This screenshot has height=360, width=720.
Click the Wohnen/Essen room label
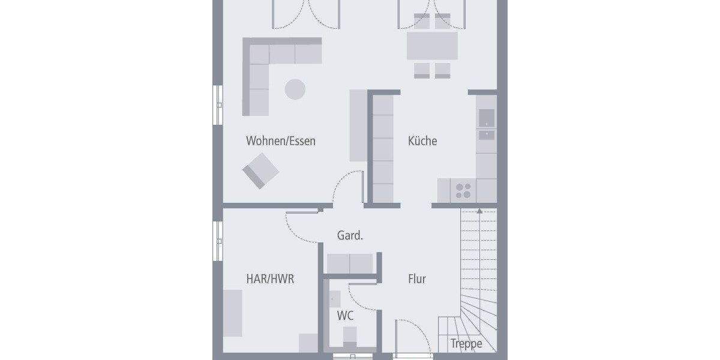click(280, 142)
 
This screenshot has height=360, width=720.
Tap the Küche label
click(422, 142)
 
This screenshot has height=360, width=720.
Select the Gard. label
click(350, 236)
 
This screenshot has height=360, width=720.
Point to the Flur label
click(417, 279)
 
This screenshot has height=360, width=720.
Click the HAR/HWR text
click(270, 279)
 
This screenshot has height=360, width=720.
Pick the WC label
click(344, 316)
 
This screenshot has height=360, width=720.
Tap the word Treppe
click(466, 344)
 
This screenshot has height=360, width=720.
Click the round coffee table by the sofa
click(295, 89)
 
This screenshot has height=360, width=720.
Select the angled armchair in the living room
click(261, 170)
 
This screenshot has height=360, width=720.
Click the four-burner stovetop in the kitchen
click(463, 191)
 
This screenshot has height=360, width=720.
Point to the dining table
click(432, 46)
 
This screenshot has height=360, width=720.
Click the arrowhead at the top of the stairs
click(479, 211)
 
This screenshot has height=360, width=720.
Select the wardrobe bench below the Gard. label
click(350, 263)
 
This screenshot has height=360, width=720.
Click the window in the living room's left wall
click(218, 106)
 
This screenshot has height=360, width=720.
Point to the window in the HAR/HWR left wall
click(218, 240)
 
